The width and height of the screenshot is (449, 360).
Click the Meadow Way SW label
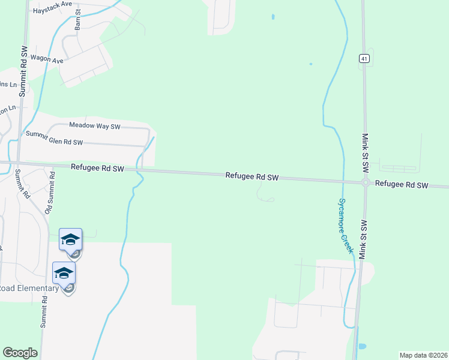95,126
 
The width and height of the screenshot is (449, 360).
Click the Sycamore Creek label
345,226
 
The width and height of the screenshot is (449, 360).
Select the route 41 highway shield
364,58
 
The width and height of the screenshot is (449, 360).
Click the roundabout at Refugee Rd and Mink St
365,183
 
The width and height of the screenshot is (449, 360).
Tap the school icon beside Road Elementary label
64,274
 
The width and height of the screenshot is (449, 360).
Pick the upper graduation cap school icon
70,239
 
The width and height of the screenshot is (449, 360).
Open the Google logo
20,353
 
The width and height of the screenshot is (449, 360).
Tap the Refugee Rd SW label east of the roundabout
402,185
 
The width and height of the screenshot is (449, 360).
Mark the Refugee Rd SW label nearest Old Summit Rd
97,169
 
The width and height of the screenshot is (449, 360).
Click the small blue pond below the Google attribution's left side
361,346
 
